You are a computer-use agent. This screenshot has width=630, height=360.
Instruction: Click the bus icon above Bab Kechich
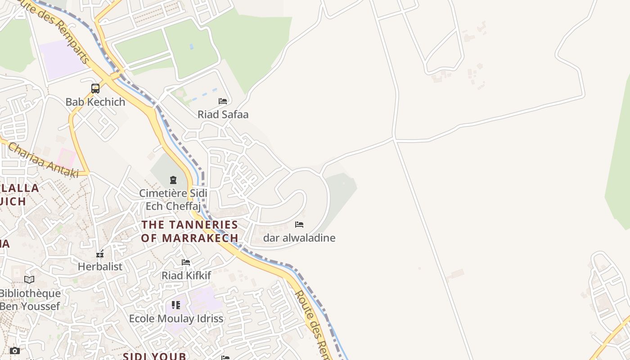coord(95,89)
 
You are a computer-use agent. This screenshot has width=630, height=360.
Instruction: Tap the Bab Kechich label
coord(95,102)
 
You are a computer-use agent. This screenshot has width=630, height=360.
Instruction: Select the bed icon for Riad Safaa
coord(223,101)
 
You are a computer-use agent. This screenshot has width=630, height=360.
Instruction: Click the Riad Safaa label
coord(223,115)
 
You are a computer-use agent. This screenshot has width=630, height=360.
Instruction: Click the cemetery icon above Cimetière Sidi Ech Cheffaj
coord(173,180)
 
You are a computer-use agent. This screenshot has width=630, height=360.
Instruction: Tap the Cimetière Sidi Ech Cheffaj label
coord(173,200)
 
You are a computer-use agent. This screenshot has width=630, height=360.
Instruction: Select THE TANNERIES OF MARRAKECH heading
coord(189,231)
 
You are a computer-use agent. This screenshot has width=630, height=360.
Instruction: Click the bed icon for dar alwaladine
coord(299,225)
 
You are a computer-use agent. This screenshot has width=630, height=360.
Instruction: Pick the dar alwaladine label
coord(299,238)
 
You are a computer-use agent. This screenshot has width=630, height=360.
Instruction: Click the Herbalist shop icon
coord(100,254)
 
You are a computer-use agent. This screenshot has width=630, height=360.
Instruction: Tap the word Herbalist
coord(100,267)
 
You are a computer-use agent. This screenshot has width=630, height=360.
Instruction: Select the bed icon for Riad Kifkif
coord(186,262)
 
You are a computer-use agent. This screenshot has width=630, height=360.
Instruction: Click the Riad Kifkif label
coord(186,275)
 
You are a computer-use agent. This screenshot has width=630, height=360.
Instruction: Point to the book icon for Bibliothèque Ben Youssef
coord(29,280)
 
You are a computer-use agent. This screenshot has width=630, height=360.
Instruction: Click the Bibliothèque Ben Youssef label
coord(30,300)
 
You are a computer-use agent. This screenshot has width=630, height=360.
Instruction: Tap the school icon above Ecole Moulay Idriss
coord(176,305)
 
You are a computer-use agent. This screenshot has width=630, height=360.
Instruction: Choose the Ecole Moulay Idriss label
coord(176,319)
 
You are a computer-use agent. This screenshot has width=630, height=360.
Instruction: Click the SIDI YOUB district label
coord(154,356)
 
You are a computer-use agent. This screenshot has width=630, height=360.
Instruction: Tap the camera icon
coord(15,351)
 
